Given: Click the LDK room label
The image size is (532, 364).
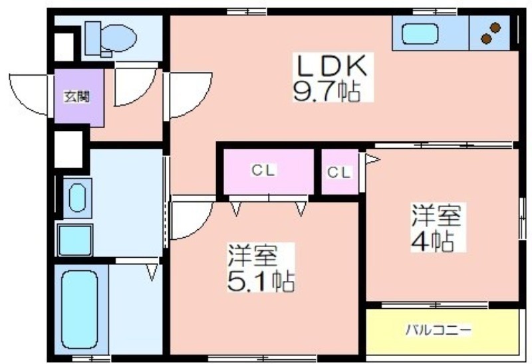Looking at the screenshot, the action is (x=332, y=65).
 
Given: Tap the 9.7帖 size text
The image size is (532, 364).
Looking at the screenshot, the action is (x=327, y=92).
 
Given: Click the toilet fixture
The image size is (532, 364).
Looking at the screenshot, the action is (x=110, y=39).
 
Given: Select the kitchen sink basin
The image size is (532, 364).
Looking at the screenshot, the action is (x=420, y=35).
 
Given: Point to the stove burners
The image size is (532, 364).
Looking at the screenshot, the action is (x=491, y=33).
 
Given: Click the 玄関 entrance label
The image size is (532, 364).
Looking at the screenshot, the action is (x=77, y=97).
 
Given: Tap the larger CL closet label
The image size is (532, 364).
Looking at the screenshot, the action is (x=263, y=170).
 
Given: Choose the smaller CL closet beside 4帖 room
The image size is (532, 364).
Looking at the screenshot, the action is (x=338, y=173).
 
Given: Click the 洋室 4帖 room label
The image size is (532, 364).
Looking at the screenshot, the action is (x=438, y=228).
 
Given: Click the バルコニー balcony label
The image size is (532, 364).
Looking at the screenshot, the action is (x=439, y=329).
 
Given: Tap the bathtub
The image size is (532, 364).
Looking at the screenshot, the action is (x=80, y=310).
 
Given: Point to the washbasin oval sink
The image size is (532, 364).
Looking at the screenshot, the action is (x=77, y=198).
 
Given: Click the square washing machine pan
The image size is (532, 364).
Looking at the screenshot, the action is (x=75, y=240).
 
